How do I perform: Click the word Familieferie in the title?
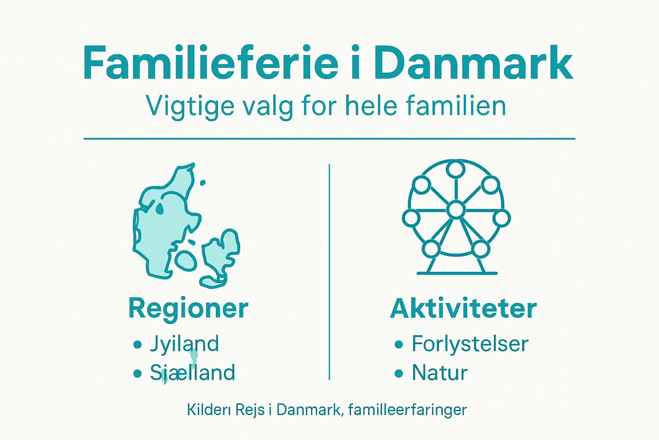[x=210, y=64]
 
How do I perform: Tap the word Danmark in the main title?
[x=473, y=64]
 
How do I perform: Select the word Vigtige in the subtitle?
[x=190, y=106]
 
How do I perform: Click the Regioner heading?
[x=188, y=309]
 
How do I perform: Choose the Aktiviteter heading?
[x=463, y=309]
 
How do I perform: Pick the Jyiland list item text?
[x=184, y=344]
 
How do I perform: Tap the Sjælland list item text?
[x=192, y=373]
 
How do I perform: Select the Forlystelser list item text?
[x=470, y=344]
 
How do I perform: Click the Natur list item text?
[x=439, y=373]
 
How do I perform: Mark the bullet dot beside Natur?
[x=399, y=373]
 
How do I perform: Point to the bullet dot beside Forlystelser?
[x=399, y=345]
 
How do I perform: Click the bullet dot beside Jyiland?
[x=137, y=345]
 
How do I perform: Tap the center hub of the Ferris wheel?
[x=456, y=210]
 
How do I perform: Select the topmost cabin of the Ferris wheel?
[x=455, y=169]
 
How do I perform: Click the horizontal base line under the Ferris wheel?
[x=457, y=273]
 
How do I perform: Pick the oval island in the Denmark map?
[x=186, y=260]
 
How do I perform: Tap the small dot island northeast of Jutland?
[x=203, y=183]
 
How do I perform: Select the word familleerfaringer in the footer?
[x=407, y=409]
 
